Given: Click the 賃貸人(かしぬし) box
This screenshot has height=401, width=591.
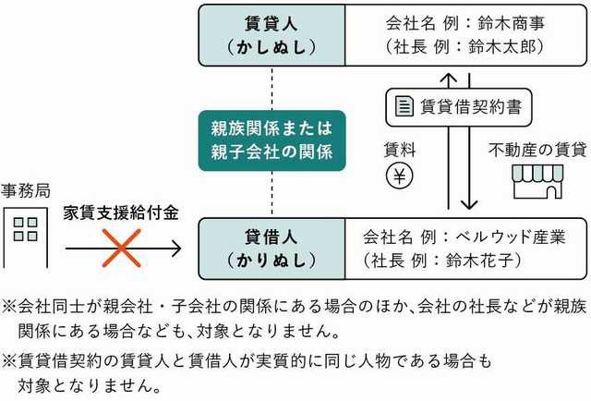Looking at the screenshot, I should click(x=271, y=35).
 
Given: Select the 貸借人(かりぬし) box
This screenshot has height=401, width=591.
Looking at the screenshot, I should click(x=271, y=247).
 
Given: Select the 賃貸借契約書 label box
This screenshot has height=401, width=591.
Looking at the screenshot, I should click(x=456, y=107).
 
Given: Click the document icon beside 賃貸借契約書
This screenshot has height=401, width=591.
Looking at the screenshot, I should click(x=404, y=107).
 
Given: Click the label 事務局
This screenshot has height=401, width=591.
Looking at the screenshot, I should click(x=25, y=192).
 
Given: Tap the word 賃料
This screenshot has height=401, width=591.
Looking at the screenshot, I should click(x=399, y=147).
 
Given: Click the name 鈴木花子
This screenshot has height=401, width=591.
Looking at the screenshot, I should click(x=497, y=259).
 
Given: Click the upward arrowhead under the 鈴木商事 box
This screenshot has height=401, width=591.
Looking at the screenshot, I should click(x=446, y=79).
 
